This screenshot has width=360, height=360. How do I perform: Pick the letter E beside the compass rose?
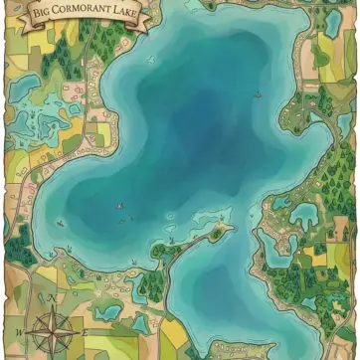point(86,329)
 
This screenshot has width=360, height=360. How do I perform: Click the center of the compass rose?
point(52,329)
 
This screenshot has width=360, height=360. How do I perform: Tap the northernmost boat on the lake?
point(257,94)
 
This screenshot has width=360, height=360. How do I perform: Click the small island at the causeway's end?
point(223,229)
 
